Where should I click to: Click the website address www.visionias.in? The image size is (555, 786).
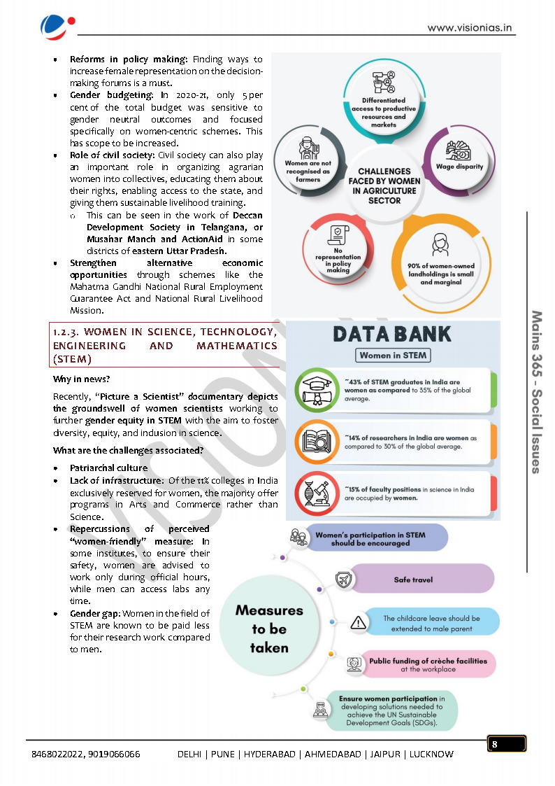470,28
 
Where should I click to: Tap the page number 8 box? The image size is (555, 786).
506,744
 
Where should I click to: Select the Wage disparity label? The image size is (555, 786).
459,167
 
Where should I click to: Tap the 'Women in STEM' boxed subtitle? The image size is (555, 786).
392,355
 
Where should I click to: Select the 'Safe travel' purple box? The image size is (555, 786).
414,580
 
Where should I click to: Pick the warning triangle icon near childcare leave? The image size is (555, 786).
358,622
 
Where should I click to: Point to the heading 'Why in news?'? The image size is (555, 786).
82,379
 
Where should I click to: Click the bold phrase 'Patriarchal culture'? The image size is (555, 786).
108,468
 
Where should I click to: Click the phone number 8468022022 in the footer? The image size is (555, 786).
57,754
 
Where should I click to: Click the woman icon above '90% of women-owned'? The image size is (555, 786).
440,245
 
